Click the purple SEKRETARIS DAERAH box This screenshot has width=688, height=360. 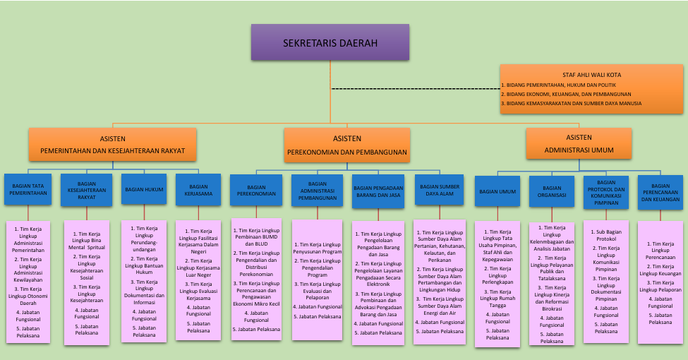point(330,42)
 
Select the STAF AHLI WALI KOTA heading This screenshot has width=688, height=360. point(591,74)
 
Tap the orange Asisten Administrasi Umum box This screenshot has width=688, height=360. point(579,143)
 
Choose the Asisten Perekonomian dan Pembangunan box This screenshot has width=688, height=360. point(346,145)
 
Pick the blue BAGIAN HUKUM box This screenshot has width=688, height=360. point(143,189)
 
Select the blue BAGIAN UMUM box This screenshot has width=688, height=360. point(497,191)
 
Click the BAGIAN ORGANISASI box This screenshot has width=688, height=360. point(553,192)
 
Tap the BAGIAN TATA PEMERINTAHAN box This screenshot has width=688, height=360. point(29,188)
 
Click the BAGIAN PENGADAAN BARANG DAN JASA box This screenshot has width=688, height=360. point(378,191)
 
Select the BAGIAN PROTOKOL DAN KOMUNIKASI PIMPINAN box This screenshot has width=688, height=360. point(606,192)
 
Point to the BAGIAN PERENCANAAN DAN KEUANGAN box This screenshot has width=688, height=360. point(660,191)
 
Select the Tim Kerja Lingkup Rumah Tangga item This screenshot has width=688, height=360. point(497,301)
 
